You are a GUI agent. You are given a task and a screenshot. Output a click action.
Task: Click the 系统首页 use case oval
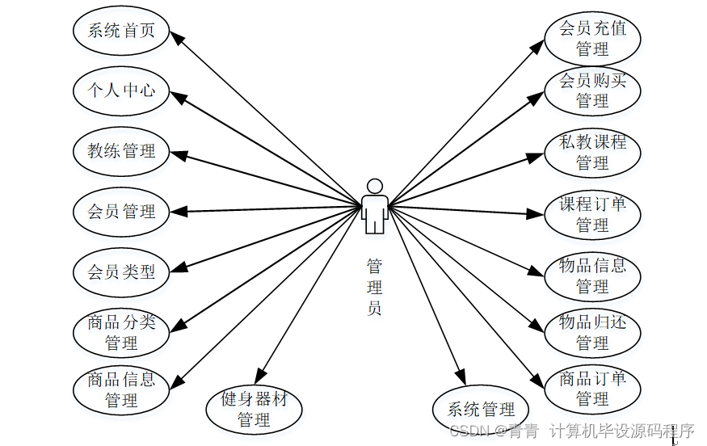point(121,31)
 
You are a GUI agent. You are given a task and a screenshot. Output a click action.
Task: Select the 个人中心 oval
point(121,90)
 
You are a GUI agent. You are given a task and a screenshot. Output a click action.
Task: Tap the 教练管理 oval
point(121,150)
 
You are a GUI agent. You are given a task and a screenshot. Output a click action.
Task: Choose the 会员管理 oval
point(121,212)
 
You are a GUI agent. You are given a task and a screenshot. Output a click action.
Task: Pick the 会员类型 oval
point(121,271)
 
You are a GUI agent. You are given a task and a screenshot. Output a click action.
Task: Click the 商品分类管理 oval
point(121,332)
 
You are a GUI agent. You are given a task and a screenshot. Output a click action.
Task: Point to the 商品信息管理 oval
point(121,389)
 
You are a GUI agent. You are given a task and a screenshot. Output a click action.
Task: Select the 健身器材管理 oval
point(254,409)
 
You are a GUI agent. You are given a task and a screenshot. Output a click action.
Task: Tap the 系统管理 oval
point(481,409)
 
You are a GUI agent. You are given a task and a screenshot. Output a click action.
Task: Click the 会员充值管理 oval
point(592,38)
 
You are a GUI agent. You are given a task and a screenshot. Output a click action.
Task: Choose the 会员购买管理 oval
point(592,90)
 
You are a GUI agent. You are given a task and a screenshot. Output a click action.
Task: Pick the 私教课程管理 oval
point(592,152)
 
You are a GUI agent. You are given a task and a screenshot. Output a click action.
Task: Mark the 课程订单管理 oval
point(592,214)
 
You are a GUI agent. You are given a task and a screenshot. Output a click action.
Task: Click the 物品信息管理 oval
point(592,276)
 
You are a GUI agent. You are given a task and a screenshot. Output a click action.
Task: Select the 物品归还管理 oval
point(592,332)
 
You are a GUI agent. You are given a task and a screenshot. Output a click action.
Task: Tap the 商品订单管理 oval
point(592,389)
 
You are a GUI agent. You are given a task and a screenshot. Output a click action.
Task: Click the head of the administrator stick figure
point(374,185)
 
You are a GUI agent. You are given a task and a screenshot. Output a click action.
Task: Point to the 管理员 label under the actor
point(374,287)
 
